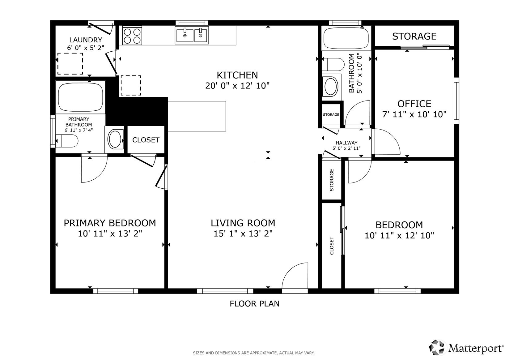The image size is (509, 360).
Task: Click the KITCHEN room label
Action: tap(237, 75)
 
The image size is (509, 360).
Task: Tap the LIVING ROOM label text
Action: tap(243, 223)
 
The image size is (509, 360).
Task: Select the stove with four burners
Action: tap(132, 35)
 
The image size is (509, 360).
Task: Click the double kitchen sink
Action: tap(192, 35)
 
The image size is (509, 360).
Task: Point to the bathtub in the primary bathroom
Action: tap(80, 97)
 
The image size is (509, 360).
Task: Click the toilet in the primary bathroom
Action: tap(66, 141)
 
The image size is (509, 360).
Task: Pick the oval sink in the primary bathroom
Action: tap(115, 139)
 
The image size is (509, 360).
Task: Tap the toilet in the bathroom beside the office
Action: tap(333, 64)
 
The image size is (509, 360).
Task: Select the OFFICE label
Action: tap(414, 104)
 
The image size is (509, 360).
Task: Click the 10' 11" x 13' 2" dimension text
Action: tap(110, 234)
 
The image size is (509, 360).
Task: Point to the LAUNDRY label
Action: tap(86, 40)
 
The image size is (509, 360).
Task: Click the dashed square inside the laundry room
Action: tap(70, 64)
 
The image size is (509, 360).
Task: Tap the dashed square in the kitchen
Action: tap(131, 85)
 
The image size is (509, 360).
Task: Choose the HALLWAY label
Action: tap(346, 143)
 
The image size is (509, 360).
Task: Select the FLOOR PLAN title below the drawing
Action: tap(255, 304)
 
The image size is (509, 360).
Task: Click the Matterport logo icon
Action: tap(437, 347)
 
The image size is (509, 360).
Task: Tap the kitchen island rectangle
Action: tap(197, 116)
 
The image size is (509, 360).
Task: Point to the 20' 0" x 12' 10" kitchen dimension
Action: tap(237, 86)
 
